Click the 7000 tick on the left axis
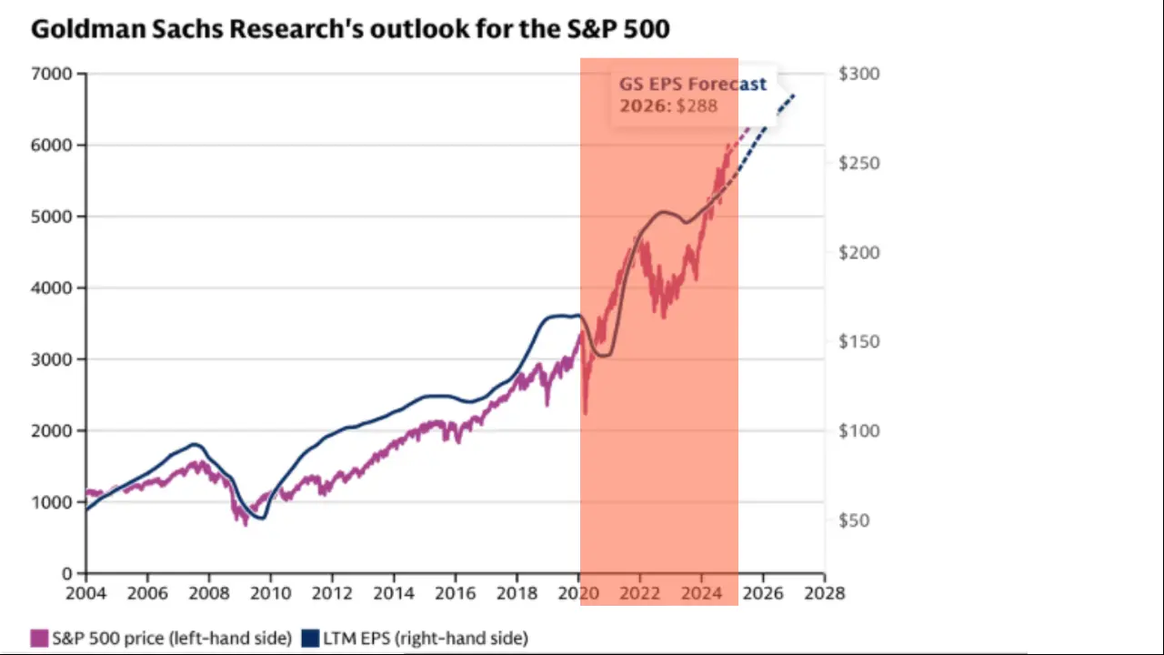pos(54,74)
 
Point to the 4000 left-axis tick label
pos(54,287)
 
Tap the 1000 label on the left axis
pos(54,502)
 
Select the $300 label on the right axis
pos(858,74)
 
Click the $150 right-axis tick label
pos(858,342)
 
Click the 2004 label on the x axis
pos(86,593)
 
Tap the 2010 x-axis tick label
pos(271,593)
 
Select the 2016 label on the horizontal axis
pos(456,593)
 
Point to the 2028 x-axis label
pos(825,593)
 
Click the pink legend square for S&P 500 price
pos(39,638)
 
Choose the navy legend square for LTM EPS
pos(310,638)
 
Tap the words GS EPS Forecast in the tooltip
pos(693,84)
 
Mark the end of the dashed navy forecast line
pos(794,95)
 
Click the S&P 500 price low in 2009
pos(245,524)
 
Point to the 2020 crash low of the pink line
pos(585,413)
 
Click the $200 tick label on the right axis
pos(858,252)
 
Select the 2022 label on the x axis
pos(640,593)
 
